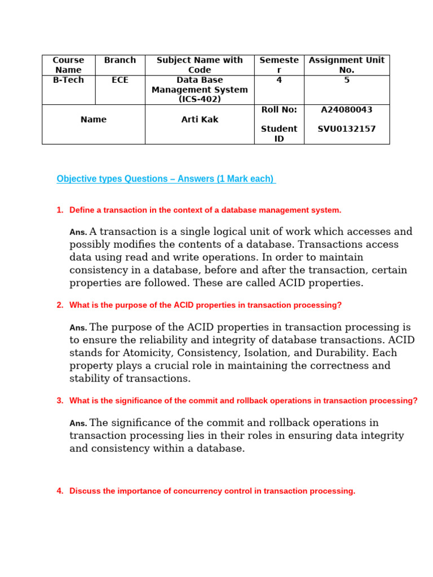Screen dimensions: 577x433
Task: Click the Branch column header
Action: point(120,60)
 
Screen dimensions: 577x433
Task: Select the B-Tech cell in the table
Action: point(68,80)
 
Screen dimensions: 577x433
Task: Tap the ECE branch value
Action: point(120,80)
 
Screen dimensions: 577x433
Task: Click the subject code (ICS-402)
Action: point(200,99)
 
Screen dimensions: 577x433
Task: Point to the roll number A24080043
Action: point(346,110)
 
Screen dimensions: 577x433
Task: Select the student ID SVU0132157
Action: point(346,129)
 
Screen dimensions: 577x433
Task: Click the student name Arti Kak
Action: point(200,119)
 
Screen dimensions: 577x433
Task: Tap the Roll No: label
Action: point(279,110)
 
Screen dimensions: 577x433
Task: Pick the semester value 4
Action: point(279,80)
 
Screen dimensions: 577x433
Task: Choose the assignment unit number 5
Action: point(347,80)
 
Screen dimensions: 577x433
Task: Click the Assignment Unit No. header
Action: point(347,65)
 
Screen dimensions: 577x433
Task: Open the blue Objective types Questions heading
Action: point(165,179)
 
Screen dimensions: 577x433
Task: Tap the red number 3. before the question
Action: point(60,401)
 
